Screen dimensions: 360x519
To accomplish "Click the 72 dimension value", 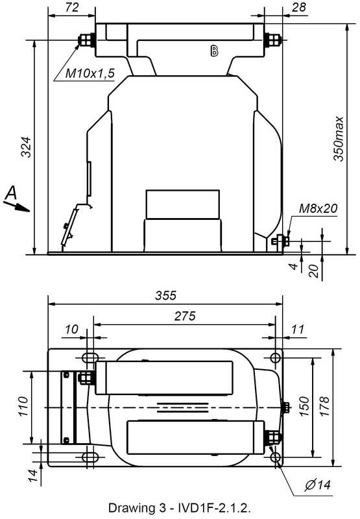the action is tap(72, 7).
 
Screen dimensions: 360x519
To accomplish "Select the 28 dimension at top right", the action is tap(299, 7).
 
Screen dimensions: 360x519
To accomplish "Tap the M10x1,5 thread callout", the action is tap(90, 73).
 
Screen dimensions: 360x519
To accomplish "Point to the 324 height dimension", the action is tap(26, 147).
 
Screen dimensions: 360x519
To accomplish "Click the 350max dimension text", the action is tap(338, 138).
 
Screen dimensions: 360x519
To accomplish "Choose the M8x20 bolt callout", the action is tap(318, 208).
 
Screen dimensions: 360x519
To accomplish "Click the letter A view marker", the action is tap(12, 192).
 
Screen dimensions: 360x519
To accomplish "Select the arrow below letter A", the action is tap(17, 206).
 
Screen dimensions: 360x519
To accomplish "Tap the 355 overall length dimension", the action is tap(166, 295).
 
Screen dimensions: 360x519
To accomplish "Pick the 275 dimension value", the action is tap(185, 316).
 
